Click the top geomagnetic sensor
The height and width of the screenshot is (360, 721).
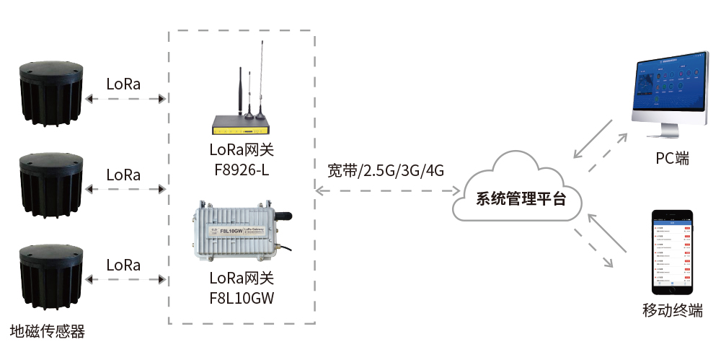click(x=50, y=92)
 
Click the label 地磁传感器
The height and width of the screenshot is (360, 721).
click(x=48, y=332)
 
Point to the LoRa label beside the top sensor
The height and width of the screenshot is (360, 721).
click(x=123, y=83)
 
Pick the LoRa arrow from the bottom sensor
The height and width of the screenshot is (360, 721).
click(x=124, y=281)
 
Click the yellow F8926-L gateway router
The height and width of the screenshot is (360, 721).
click(x=241, y=127)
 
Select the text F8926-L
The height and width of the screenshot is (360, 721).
click(x=241, y=170)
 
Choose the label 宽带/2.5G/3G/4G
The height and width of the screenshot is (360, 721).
click(x=385, y=171)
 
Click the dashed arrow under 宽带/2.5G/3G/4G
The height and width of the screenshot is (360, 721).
click(x=388, y=190)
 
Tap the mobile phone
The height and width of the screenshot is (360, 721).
click(x=672, y=252)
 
